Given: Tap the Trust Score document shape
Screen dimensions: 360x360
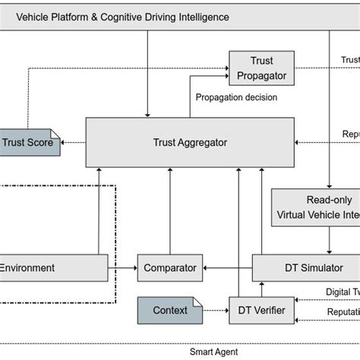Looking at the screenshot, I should click(x=31, y=141).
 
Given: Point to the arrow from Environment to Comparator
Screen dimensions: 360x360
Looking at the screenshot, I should click(x=122, y=268).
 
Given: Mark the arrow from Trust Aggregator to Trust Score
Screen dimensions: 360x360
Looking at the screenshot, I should click(x=74, y=142).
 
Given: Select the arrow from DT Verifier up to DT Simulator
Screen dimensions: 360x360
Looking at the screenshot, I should click(x=263, y=289).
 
